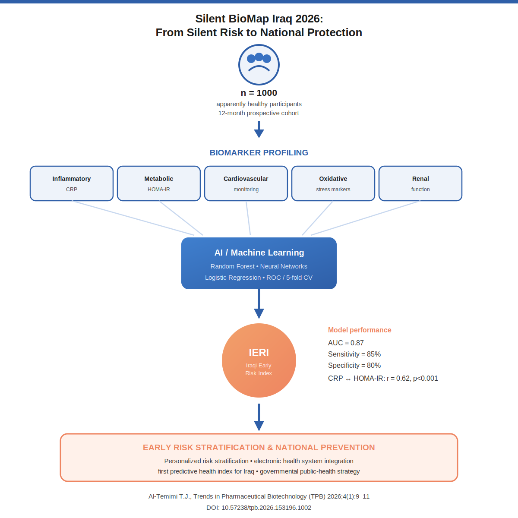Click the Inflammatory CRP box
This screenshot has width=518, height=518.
72,183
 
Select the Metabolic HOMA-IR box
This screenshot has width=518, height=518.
158,183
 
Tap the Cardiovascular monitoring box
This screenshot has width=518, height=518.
246,183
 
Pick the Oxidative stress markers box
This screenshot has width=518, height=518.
333,183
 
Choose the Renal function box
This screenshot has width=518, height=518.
420,183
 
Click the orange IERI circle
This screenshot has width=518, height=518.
259,360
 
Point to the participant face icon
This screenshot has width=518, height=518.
259,65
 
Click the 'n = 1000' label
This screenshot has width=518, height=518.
259,93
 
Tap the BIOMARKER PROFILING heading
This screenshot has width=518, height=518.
259,153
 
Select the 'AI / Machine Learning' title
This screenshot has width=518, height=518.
259,253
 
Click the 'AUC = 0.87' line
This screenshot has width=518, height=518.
346,343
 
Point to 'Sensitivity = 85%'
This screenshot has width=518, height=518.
354,354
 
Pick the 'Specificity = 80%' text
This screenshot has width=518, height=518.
354,366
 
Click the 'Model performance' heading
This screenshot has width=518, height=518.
360,330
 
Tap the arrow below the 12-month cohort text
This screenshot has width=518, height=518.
259,129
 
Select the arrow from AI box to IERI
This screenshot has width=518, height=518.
259,304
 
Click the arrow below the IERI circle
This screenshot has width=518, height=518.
259,417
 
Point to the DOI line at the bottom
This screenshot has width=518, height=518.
259,508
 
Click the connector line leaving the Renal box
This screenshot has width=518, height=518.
366,218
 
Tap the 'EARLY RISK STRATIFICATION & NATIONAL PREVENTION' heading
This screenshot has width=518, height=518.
259,448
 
